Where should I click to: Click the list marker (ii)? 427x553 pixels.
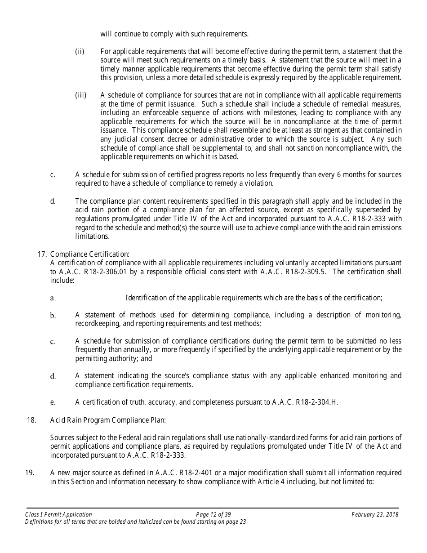[x=80, y=52]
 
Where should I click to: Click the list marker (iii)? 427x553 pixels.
[x=80, y=95]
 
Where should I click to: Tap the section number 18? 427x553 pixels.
[x=31, y=420]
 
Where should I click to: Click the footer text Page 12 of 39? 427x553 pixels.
[x=213, y=514]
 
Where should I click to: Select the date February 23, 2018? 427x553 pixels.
[x=375, y=514]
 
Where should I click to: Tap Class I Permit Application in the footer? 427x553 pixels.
[x=59, y=514]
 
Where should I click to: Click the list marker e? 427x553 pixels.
[x=53, y=402]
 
